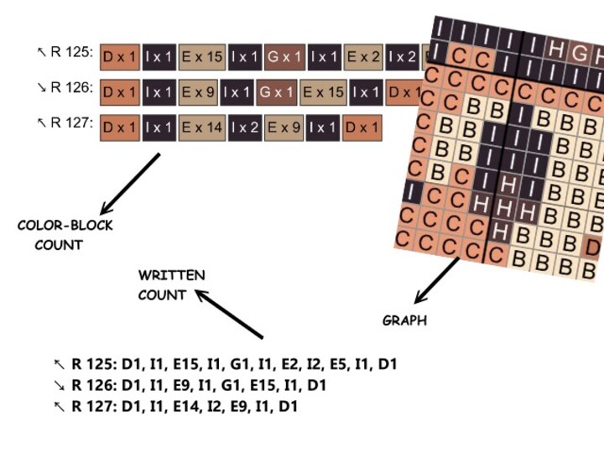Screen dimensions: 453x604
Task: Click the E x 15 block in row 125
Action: (202, 57)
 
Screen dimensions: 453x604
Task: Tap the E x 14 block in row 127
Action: (202, 128)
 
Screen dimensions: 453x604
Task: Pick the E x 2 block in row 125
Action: (364, 57)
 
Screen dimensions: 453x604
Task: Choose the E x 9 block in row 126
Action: (202, 92)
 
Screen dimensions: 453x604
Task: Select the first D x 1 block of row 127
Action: (120, 128)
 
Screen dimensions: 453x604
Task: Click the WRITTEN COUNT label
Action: (171, 285)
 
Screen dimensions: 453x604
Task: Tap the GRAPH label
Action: (404, 320)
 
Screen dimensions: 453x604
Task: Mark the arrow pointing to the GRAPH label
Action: (437, 281)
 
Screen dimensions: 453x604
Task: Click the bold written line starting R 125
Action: (225, 365)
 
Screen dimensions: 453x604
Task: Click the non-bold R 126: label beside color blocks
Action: (65, 87)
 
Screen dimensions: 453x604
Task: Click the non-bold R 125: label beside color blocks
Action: (65, 53)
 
